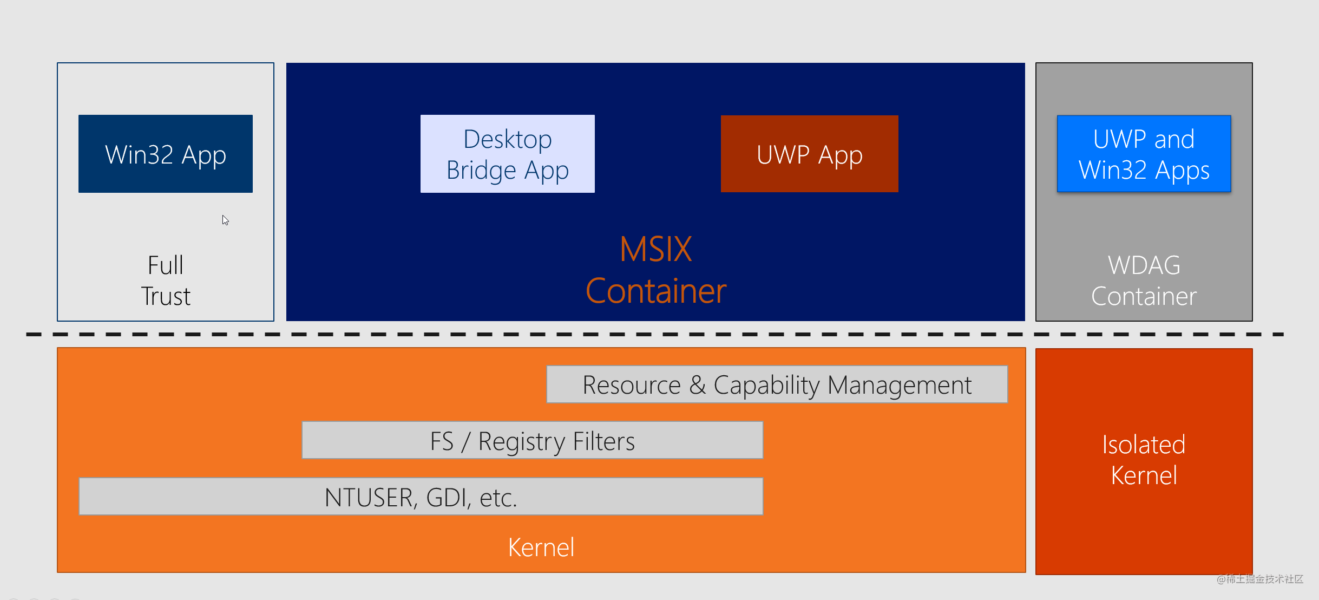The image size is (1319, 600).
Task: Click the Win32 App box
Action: point(165,154)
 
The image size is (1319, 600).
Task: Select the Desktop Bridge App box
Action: point(507,154)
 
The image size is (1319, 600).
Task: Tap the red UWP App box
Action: point(809,154)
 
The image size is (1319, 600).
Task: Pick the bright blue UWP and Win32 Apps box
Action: point(1144,154)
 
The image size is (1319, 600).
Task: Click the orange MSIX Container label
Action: point(655,270)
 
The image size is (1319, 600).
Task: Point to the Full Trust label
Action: point(165,281)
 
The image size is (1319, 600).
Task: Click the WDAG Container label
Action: point(1144,281)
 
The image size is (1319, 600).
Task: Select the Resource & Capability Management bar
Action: point(777,384)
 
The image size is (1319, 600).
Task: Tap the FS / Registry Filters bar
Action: point(532,440)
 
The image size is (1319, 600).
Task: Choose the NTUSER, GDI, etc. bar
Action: point(421,497)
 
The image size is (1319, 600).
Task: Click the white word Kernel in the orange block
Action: point(541,547)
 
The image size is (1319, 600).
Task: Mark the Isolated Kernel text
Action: point(1144,460)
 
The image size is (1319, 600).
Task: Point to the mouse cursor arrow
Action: point(225,219)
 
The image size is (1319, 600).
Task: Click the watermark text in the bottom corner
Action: point(1259,579)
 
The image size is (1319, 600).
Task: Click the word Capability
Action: point(767,386)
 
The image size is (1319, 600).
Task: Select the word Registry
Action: point(522,441)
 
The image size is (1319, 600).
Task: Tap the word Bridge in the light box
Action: point(481,170)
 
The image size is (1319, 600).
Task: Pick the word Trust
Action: point(166,296)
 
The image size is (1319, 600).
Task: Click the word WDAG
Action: point(1144,265)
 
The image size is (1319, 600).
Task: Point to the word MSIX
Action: point(655,249)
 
